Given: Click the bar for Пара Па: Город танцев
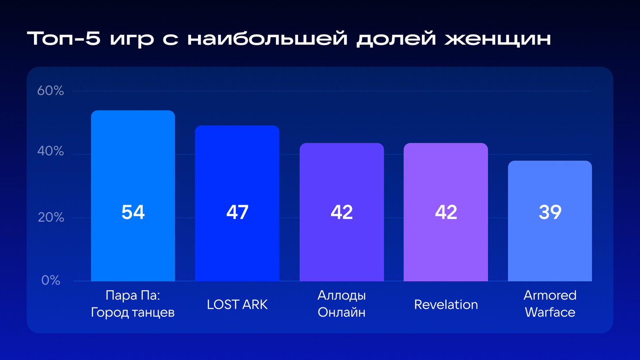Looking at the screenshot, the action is coord(133,196).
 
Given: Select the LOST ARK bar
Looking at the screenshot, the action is coord(237,203).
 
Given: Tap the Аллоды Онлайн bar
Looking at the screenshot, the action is coord(342,212).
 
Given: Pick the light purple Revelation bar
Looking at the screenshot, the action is coord(446,212).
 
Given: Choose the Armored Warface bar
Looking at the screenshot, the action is coord(550,221).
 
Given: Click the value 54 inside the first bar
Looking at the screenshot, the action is coord(133,212).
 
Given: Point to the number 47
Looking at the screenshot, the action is coord(237,212).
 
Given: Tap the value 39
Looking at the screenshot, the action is coord(550,212).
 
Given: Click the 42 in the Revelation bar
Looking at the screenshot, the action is coord(446,212).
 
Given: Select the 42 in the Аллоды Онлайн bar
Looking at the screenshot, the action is coord(342,212).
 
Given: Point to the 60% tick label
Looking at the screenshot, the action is coord(50,90).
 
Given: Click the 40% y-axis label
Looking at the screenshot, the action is coord(50,151).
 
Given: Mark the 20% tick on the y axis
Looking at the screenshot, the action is coord(51,218).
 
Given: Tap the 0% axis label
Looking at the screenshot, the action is coord(51,280).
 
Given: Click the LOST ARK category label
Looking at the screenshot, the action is coord(237,304).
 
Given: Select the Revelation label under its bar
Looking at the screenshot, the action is coord(446,304).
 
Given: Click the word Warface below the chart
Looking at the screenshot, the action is coord(550,312).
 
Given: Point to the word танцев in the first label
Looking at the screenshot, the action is coord(153,313).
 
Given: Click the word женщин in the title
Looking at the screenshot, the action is coord(498,38).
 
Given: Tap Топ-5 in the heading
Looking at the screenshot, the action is coord(64,38).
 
